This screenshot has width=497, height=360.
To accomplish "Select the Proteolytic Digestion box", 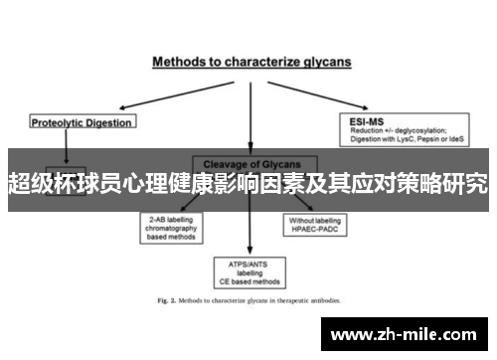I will pos(82,122).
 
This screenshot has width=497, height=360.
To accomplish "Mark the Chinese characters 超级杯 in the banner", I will pos(37,183).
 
